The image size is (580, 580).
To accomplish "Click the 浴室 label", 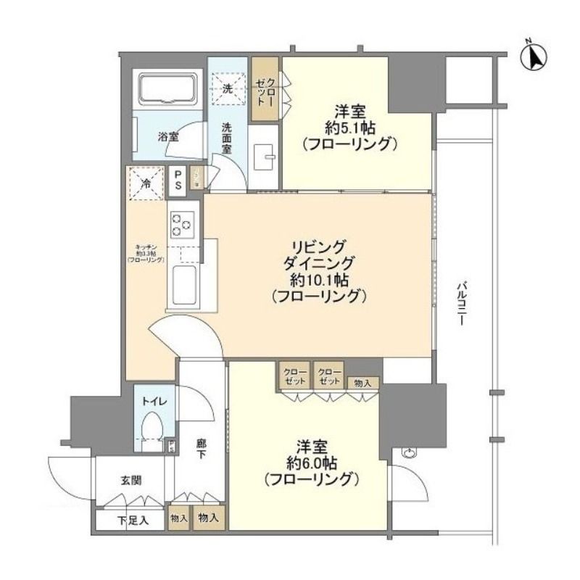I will point(167,136).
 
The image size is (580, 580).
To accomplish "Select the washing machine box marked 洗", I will point(227,88).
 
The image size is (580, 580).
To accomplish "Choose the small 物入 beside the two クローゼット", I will point(362,383).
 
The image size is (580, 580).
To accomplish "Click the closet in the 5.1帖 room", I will point(262,88).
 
